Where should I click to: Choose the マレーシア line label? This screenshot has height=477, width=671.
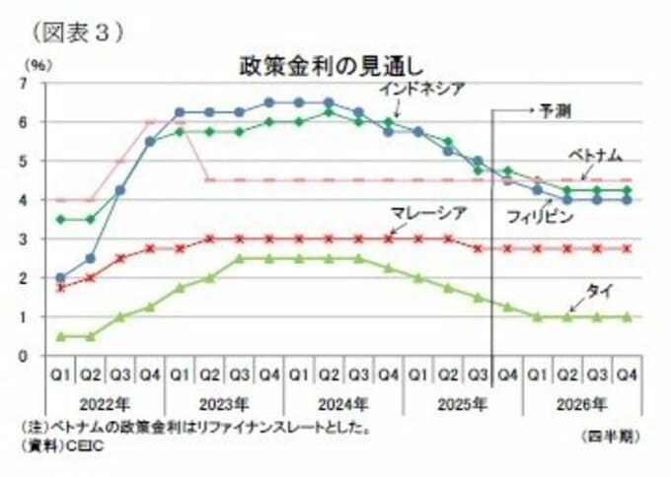(x=427, y=212)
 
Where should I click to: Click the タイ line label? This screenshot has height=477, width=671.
(x=598, y=289)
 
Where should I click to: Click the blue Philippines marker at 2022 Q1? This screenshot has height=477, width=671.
(x=62, y=278)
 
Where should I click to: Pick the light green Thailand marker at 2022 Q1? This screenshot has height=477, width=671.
(x=62, y=336)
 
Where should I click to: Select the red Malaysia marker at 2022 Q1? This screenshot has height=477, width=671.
(x=62, y=288)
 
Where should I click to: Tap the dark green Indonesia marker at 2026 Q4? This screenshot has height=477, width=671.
(x=625, y=190)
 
